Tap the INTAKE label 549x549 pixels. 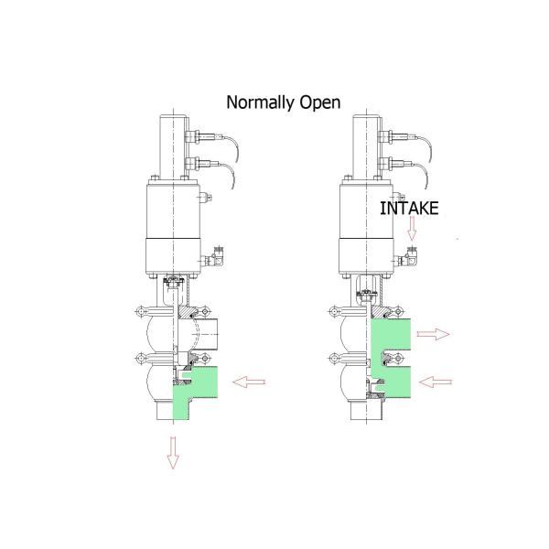(x=409, y=208)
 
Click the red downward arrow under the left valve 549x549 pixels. (x=171, y=452)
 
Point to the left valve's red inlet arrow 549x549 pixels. (x=250, y=380)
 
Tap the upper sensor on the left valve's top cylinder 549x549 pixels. (x=194, y=137)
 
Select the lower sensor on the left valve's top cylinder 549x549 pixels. (x=194, y=166)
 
